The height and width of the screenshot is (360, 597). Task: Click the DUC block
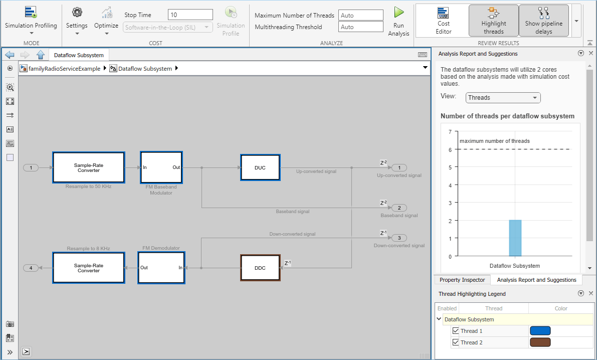coord(261,167)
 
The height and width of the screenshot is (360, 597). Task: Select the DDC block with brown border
coord(261,268)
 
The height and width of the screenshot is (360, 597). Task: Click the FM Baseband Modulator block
coord(161,167)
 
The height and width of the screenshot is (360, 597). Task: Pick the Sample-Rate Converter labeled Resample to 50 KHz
coord(89,167)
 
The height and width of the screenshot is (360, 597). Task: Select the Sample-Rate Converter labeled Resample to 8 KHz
coord(89,268)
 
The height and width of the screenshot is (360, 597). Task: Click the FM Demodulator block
coord(161,268)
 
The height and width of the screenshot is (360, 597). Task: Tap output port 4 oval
coord(31,268)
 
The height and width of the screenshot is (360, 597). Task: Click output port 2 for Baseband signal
coord(399,208)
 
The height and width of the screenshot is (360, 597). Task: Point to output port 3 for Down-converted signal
coord(399,238)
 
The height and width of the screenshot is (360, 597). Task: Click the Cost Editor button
coord(444,21)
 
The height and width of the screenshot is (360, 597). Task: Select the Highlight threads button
coord(493,21)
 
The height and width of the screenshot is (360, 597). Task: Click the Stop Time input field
coord(190,15)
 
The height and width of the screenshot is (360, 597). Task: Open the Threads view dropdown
coord(503,98)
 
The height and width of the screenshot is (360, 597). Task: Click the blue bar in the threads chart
coord(515,238)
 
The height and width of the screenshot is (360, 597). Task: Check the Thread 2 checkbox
coord(455,342)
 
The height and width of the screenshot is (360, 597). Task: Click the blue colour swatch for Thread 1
coord(540,330)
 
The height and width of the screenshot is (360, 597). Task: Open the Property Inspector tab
coord(462,280)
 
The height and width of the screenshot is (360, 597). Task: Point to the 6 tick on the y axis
coord(450,150)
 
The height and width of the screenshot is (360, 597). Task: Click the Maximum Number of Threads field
coord(360,15)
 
